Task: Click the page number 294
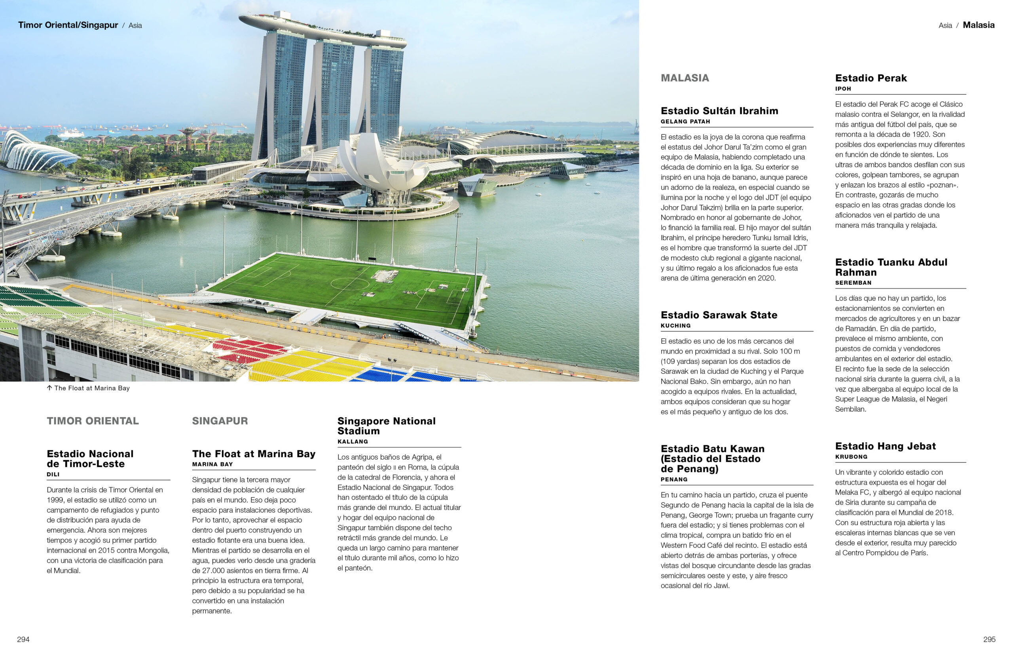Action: tap(23, 639)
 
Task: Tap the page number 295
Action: tap(989, 639)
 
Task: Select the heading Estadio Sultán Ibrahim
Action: tap(719, 111)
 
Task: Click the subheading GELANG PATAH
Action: tap(685, 122)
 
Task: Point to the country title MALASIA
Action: tap(685, 78)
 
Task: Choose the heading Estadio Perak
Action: tap(871, 78)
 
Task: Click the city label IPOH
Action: tap(843, 89)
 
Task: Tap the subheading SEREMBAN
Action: tap(853, 283)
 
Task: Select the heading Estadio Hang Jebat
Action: tap(885, 446)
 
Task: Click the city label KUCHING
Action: tap(675, 326)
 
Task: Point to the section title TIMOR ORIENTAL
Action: tap(92, 421)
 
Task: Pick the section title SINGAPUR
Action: tap(220, 421)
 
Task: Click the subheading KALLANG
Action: tap(353, 441)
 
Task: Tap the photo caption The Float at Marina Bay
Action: tap(91, 388)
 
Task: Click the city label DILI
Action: tap(53, 474)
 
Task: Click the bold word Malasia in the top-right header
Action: tap(978, 25)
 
